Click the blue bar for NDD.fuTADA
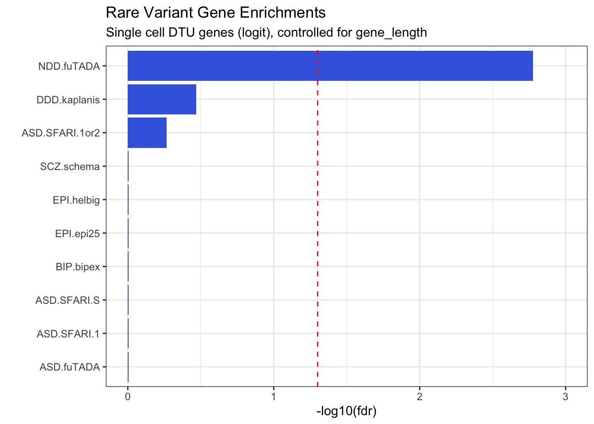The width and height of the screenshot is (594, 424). [330, 66]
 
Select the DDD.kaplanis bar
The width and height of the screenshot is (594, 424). [162, 99]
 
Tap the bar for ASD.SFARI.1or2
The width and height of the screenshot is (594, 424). [147, 132]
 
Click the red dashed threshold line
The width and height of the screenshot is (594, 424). [318, 221]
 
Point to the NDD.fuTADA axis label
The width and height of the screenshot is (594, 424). [69, 67]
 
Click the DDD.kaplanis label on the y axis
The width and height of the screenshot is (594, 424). [68, 100]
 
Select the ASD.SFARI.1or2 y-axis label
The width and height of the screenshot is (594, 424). [61, 133]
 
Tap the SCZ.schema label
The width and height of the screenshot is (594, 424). [70, 167]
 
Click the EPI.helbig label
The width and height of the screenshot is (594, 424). [76, 200]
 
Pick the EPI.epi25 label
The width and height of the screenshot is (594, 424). [77, 234]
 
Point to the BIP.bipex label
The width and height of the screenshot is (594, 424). [78, 267]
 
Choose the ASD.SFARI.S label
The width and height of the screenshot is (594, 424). [68, 301]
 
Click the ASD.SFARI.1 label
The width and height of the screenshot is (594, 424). [68, 334]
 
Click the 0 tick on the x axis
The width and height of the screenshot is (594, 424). [128, 397]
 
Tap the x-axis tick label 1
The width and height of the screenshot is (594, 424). [274, 397]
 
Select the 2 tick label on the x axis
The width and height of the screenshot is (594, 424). [419, 397]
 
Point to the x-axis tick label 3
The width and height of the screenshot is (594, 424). [565, 397]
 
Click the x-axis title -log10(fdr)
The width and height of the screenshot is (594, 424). [346, 412]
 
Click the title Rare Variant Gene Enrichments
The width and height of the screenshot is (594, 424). [216, 13]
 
